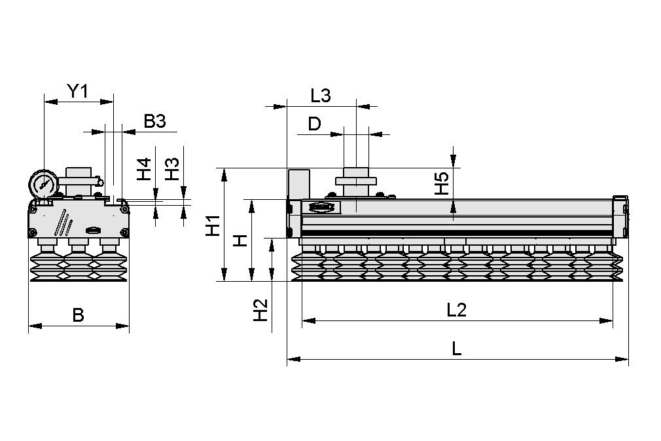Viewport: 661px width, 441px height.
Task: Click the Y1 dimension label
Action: (x=78, y=92)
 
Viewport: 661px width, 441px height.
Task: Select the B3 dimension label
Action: (x=155, y=121)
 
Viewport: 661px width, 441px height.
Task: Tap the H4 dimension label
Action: (x=144, y=170)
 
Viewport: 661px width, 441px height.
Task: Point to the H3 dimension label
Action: (x=171, y=170)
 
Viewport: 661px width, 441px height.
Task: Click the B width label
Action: (x=78, y=315)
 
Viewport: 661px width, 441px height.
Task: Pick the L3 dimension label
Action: (x=321, y=96)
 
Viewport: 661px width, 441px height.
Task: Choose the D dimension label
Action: (x=315, y=124)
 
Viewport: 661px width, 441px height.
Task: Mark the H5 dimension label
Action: (x=442, y=183)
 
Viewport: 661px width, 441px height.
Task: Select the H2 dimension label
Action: (x=261, y=310)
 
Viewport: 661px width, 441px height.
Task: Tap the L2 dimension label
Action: (x=456, y=310)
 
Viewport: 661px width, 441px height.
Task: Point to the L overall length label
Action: (x=457, y=349)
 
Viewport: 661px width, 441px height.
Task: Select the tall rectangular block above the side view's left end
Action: (x=298, y=183)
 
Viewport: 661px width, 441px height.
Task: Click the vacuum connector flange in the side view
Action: (x=356, y=180)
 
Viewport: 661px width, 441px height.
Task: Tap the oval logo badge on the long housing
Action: (x=321, y=208)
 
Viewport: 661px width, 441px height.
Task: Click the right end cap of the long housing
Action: (x=620, y=217)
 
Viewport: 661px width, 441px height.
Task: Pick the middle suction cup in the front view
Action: (x=78, y=265)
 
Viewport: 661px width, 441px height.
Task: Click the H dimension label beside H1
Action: (x=241, y=240)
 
